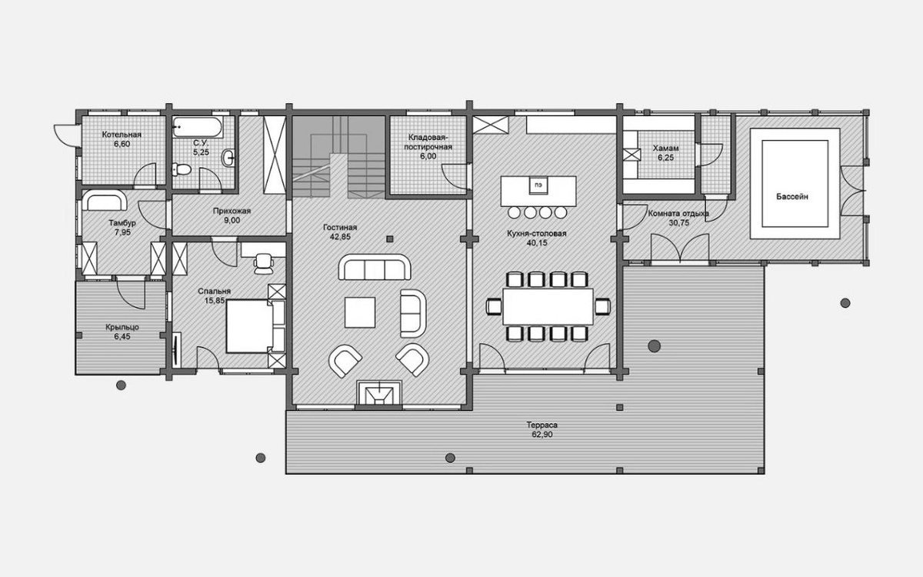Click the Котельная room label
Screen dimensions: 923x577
(122, 135)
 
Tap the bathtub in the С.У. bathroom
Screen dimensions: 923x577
(198, 127)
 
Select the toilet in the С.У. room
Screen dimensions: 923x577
(182, 169)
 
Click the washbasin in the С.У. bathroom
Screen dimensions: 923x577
(228, 158)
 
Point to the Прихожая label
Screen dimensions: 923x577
(232, 211)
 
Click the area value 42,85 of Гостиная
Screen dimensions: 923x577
(340, 237)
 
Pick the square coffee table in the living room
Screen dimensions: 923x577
(360, 312)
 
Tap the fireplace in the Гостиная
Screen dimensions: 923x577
(379, 393)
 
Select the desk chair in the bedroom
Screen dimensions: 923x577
(264, 263)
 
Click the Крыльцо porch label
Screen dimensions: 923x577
(122, 327)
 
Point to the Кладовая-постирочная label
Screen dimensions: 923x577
(428, 142)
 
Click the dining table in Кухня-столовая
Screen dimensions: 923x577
(548, 307)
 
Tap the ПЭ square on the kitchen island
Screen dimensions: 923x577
(538, 185)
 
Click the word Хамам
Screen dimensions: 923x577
(666, 148)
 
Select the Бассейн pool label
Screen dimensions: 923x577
(792, 197)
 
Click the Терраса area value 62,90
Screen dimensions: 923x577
(541, 435)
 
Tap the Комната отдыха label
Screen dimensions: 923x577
(678, 214)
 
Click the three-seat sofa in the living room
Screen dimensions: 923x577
(375, 267)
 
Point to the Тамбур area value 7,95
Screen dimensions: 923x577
(122, 232)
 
